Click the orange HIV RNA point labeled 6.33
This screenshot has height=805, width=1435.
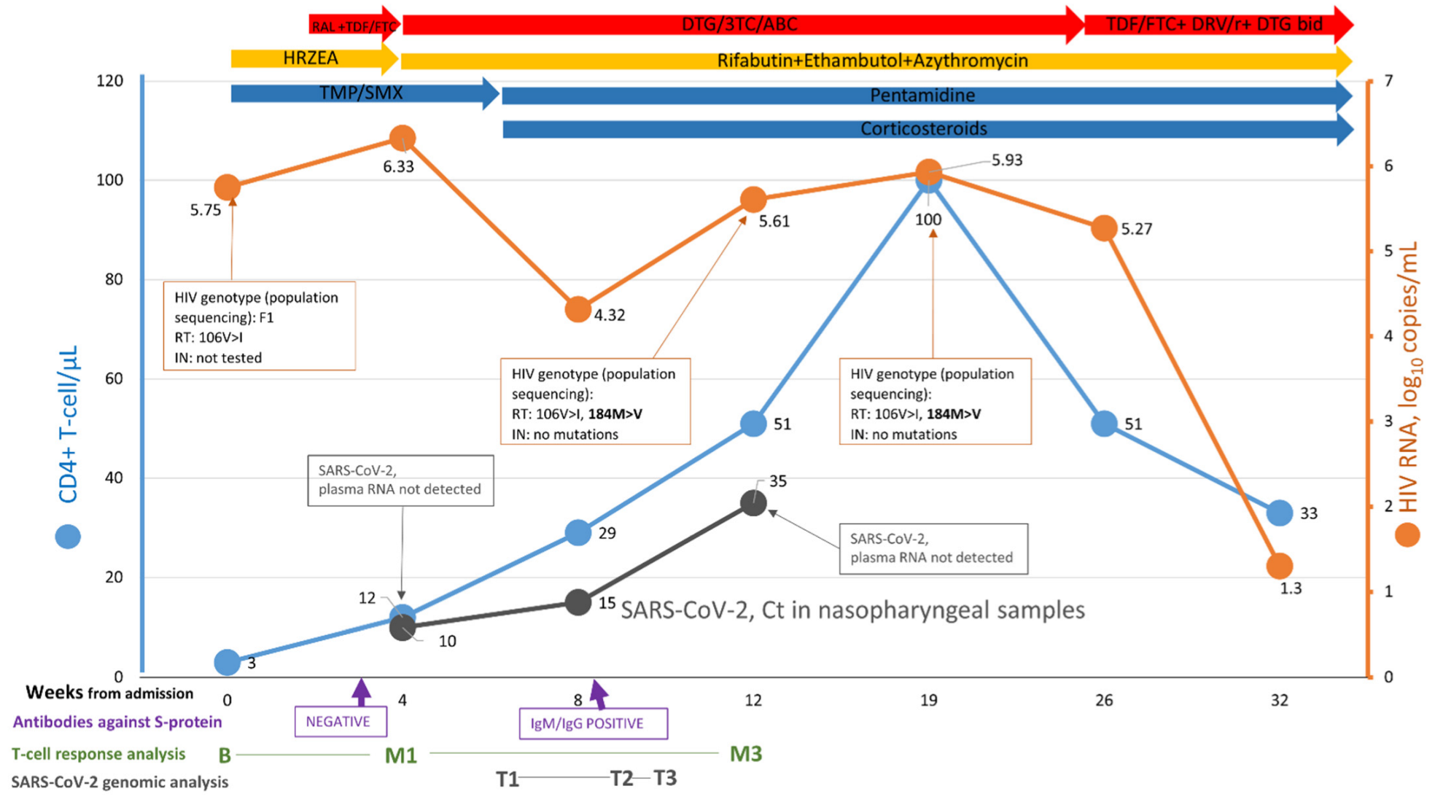402,137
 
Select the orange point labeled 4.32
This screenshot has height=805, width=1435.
577,310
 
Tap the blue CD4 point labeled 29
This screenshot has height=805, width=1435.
577,532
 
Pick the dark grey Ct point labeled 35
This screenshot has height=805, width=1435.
753,502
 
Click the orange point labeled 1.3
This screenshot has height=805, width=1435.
1280,565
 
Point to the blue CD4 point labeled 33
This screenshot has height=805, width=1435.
1280,513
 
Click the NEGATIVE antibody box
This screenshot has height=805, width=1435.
340,722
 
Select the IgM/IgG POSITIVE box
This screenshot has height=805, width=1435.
593,723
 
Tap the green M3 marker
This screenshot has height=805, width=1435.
745,754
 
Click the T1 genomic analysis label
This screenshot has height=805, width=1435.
507,779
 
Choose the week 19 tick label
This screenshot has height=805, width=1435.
928,701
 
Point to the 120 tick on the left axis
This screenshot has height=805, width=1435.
109,80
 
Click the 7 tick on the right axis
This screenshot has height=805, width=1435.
1388,80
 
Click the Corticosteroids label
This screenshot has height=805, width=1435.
923,129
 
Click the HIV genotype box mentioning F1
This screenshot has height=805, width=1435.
259,326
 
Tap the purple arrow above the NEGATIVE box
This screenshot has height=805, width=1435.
361,693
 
